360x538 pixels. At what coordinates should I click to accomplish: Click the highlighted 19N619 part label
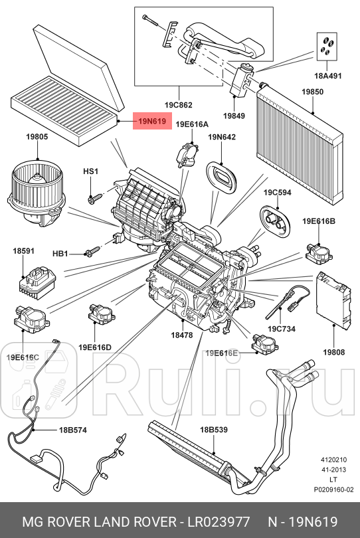pos(152,122)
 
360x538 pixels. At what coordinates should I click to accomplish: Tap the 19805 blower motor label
pos(37,137)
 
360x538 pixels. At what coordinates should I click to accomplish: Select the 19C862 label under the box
pos(179,104)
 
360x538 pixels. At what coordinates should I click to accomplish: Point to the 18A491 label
pos(327,76)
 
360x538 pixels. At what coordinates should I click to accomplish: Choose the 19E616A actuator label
pos(192,124)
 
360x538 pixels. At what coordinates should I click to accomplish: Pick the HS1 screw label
pos(90,172)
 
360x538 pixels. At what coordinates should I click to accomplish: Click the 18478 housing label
pos(181,335)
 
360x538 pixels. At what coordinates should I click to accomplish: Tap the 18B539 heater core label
pos(214,430)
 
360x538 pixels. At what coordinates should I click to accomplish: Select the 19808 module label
pos(333,351)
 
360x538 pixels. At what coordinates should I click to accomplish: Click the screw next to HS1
pos(95,197)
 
